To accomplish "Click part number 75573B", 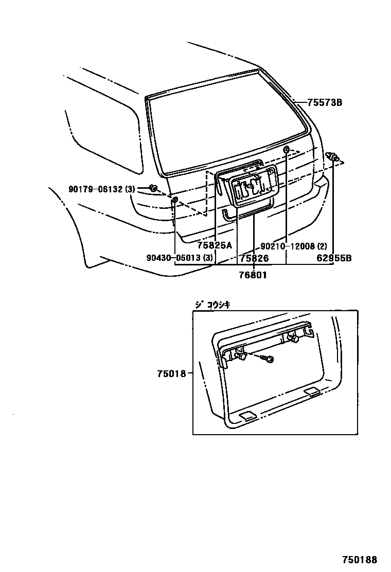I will [x=325, y=103].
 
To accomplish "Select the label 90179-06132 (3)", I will [x=101, y=189].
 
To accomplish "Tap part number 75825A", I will [x=215, y=245].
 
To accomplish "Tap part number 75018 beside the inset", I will [x=171, y=374].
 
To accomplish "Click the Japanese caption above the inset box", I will [x=212, y=304].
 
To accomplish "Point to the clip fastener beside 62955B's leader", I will [x=333, y=156].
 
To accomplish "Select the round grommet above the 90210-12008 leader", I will [x=287, y=150].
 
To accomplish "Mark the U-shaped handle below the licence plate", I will [x=227, y=213].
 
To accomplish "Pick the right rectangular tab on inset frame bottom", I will [x=311, y=393].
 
